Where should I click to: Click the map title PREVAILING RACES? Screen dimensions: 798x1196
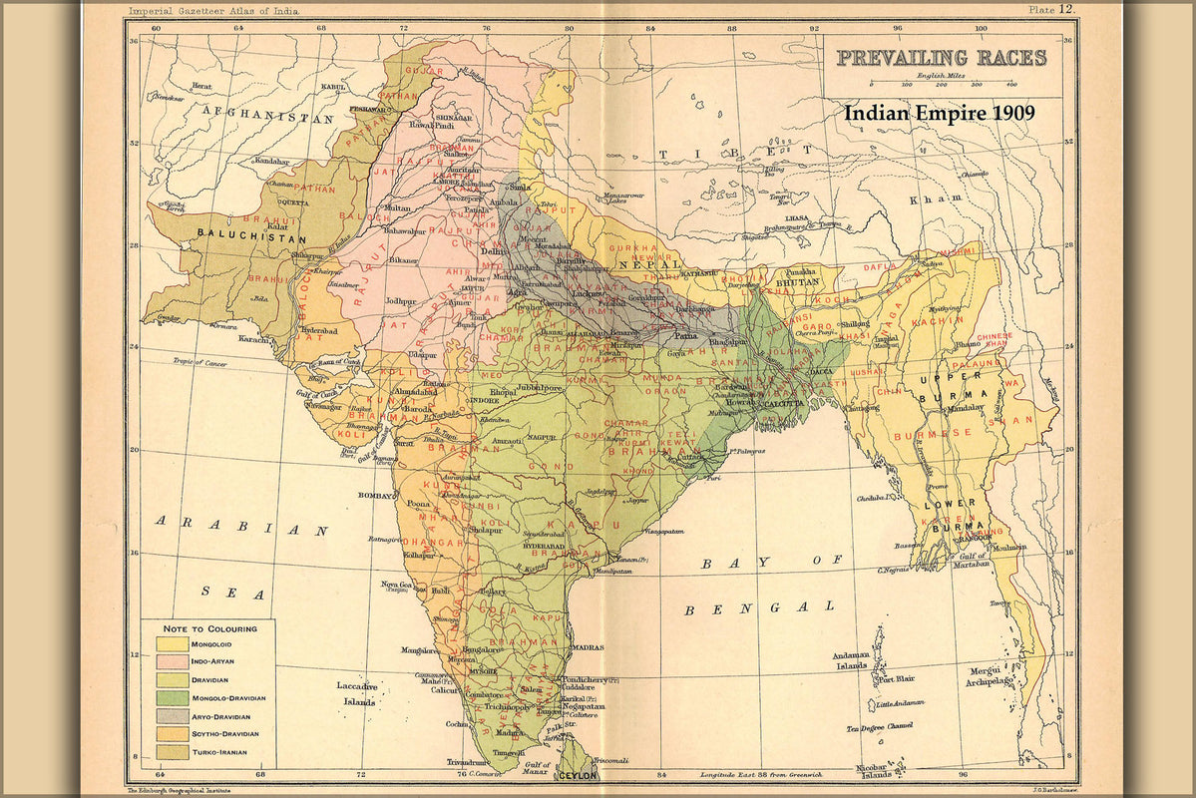(942, 58)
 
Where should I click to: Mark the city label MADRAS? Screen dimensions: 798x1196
(589, 646)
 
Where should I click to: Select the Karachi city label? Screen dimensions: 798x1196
(253, 339)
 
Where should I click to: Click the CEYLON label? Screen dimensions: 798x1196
(579, 774)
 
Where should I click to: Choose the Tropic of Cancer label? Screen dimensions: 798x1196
(200, 362)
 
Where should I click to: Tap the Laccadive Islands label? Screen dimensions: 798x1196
(356, 692)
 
